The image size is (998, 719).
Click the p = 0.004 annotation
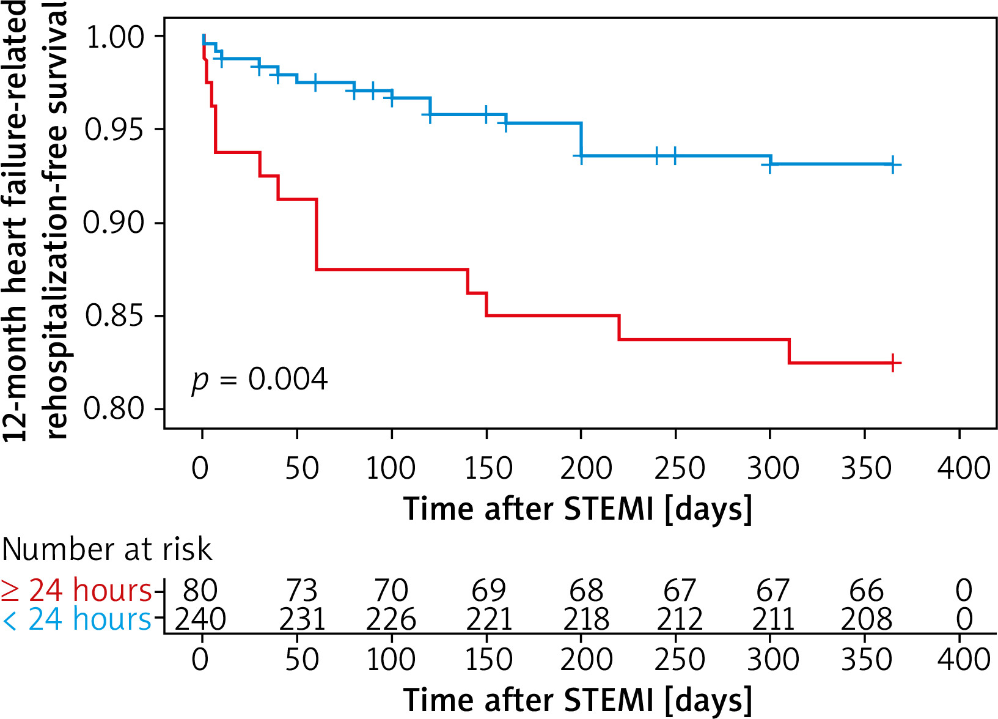pyautogui.click(x=260, y=380)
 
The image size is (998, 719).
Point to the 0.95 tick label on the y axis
pyautogui.click(x=115, y=130)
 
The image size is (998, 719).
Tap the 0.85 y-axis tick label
pyautogui.click(x=115, y=316)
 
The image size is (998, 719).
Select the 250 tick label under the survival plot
pyautogui.click(x=680, y=469)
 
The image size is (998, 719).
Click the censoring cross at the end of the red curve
pyautogui.click(x=893, y=363)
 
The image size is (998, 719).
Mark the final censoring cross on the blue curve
pyautogui.click(x=893, y=164)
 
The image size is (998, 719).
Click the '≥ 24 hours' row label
pyautogui.click(x=76, y=591)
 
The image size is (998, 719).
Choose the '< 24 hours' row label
pyautogui.click(x=76, y=619)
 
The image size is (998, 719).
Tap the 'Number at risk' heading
pyautogui.click(x=107, y=549)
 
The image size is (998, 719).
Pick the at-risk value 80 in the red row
pyautogui.click(x=200, y=591)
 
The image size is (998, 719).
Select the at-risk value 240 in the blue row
pyautogui.click(x=200, y=619)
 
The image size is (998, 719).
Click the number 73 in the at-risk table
pyautogui.click(x=302, y=591)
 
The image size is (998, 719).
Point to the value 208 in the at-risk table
pyautogui.click(x=866, y=619)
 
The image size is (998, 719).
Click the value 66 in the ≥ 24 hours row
pyautogui.click(x=866, y=591)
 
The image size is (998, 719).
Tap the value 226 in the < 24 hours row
pyautogui.click(x=391, y=619)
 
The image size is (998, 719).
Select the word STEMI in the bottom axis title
pyautogui.click(x=608, y=700)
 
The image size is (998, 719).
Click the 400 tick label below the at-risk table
pyautogui.click(x=964, y=660)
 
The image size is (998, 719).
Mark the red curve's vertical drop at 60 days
pyautogui.click(x=317, y=235)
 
